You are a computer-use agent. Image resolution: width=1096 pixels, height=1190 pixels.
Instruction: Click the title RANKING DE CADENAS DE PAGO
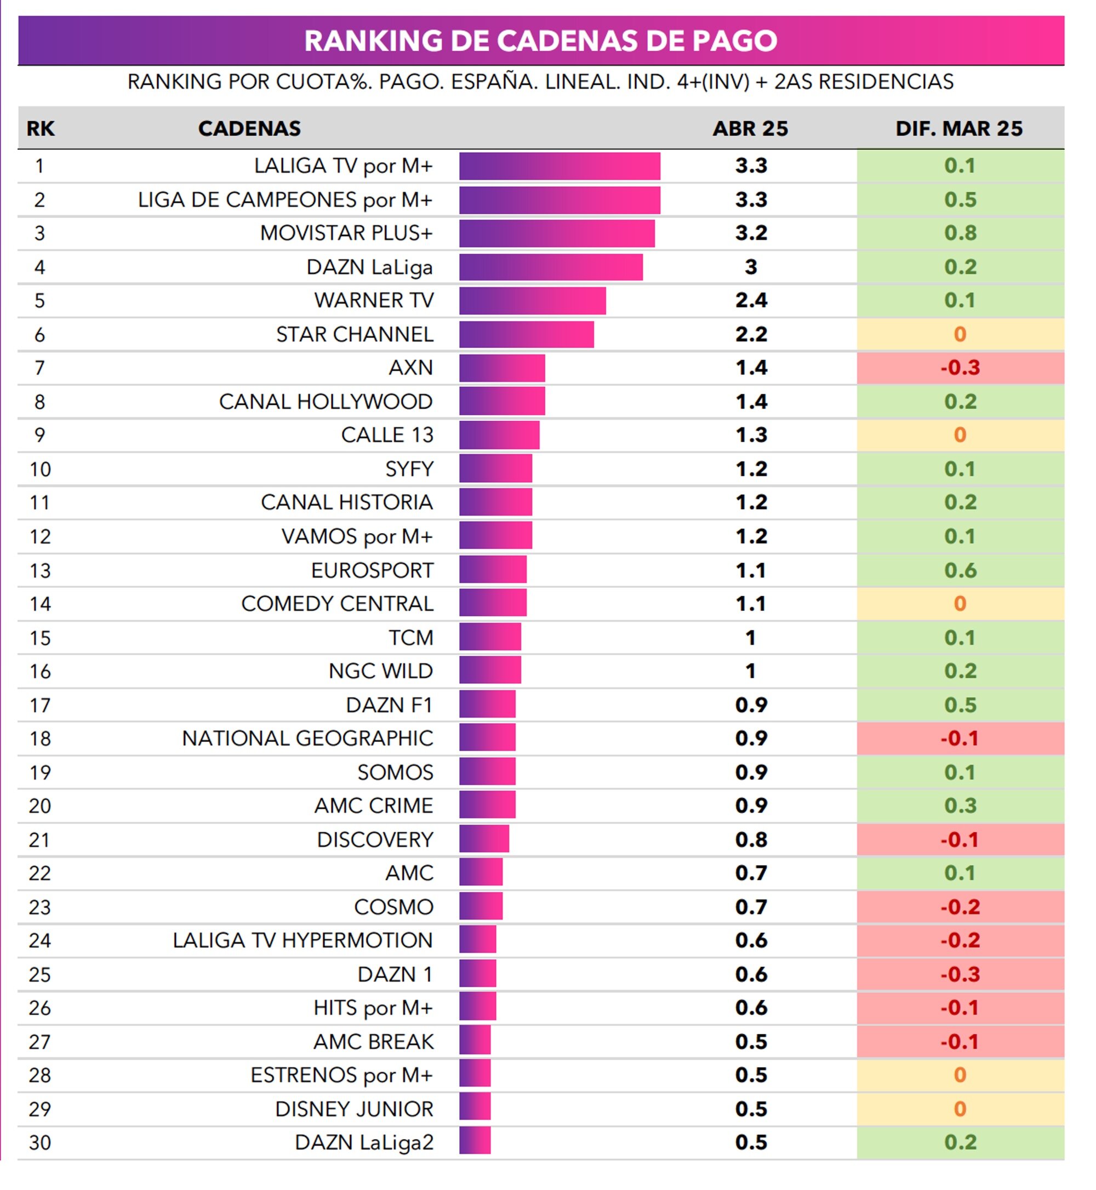click(540, 41)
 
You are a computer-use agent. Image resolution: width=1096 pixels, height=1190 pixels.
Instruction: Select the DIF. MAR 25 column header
click(959, 128)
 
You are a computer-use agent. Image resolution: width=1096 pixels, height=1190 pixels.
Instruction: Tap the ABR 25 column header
click(750, 128)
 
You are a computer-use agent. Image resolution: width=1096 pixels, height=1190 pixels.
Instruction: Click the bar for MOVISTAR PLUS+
click(556, 233)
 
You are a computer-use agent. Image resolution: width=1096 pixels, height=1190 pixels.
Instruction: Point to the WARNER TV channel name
click(374, 300)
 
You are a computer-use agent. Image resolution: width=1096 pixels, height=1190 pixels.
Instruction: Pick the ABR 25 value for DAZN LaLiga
click(751, 267)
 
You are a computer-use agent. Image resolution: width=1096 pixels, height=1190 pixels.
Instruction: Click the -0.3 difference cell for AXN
click(960, 368)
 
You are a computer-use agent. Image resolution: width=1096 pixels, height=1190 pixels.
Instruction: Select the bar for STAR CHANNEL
click(526, 334)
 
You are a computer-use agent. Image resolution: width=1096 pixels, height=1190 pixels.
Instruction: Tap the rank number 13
click(40, 570)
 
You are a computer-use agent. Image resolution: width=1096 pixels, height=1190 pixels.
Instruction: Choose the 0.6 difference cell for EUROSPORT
click(960, 570)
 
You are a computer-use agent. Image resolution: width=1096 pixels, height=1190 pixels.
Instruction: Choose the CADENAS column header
click(249, 128)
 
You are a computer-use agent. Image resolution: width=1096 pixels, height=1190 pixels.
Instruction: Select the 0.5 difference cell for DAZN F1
click(960, 705)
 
